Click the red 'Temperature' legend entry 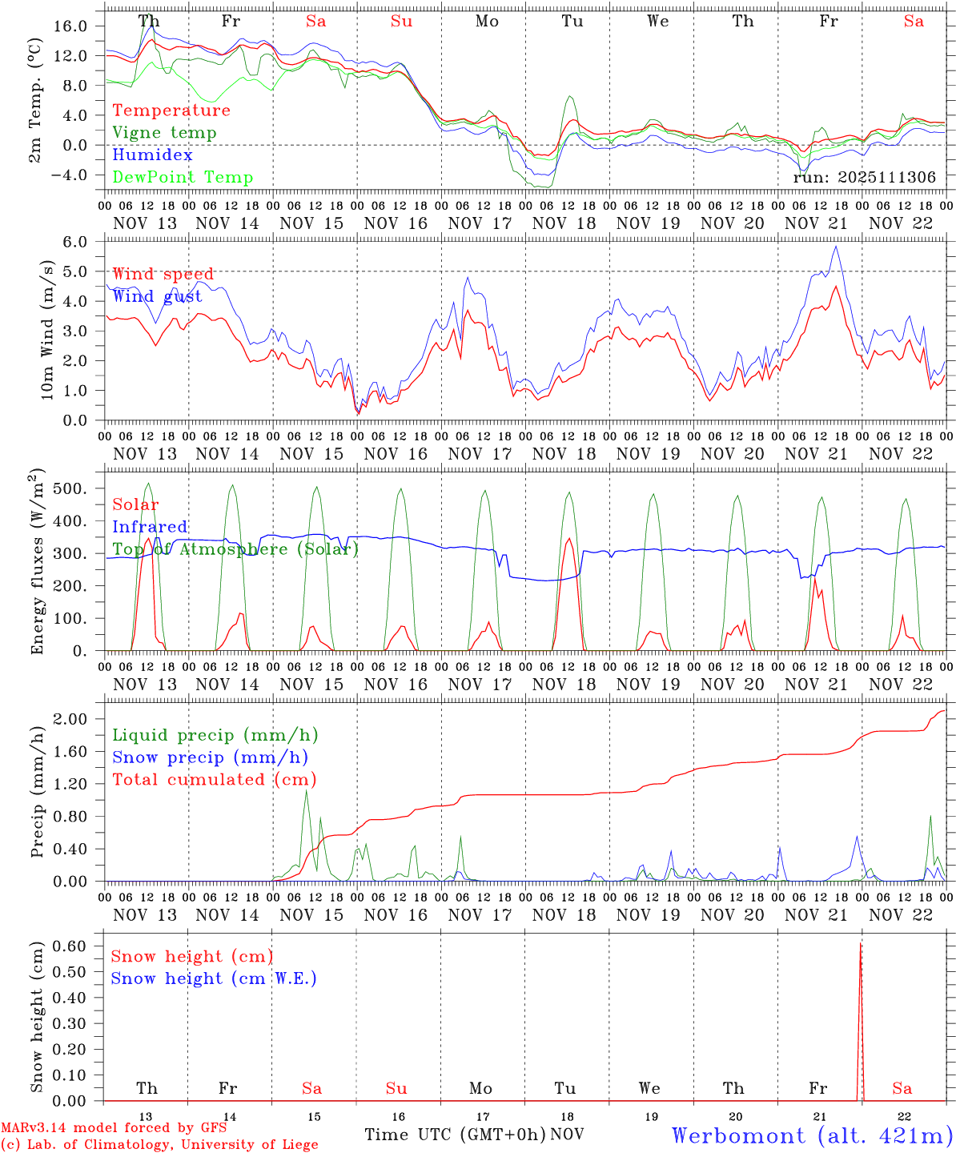pyautogui.click(x=171, y=110)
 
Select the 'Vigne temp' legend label pyautogui.click(x=164, y=133)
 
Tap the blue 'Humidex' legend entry pyautogui.click(x=152, y=155)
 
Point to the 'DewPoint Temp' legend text pyautogui.click(x=183, y=178)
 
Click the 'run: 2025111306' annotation pyautogui.click(x=864, y=178)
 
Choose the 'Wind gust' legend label pyautogui.click(x=157, y=296)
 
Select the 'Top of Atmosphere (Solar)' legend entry pyautogui.click(x=235, y=549)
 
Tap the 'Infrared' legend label pyautogui.click(x=150, y=527)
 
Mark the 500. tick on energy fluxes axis pyautogui.click(x=78, y=488)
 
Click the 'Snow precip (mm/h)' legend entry pyautogui.click(x=210, y=757)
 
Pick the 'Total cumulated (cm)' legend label pyautogui.click(x=215, y=780)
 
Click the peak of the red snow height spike pyautogui.click(x=861, y=945)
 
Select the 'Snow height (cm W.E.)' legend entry pyautogui.click(x=214, y=978)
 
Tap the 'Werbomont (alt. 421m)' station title pyautogui.click(x=812, y=1135)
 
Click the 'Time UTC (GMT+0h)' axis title pyautogui.click(x=455, y=1135)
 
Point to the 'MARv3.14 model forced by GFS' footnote pyautogui.click(x=114, y=1128)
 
